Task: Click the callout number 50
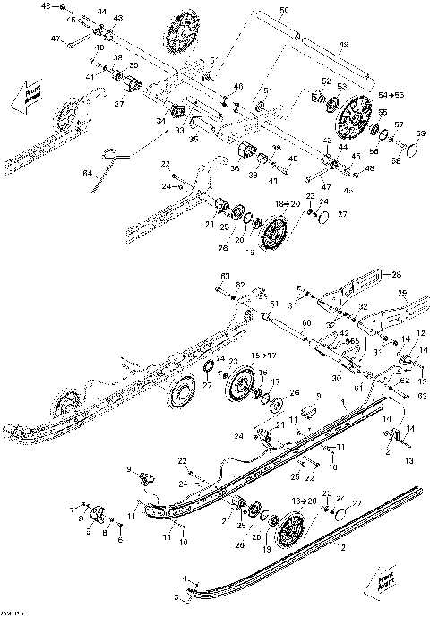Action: [x=285, y=10]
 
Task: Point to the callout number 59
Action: [x=417, y=133]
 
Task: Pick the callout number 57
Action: [x=399, y=124]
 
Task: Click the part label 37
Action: [x=118, y=103]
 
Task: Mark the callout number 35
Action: [x=192, y=140]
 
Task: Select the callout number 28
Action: [x=397, y=274]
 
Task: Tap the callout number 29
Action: [x=402, y=294]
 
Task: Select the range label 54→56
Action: [x=391, y=94]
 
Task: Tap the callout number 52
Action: [x=326, y=81]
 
